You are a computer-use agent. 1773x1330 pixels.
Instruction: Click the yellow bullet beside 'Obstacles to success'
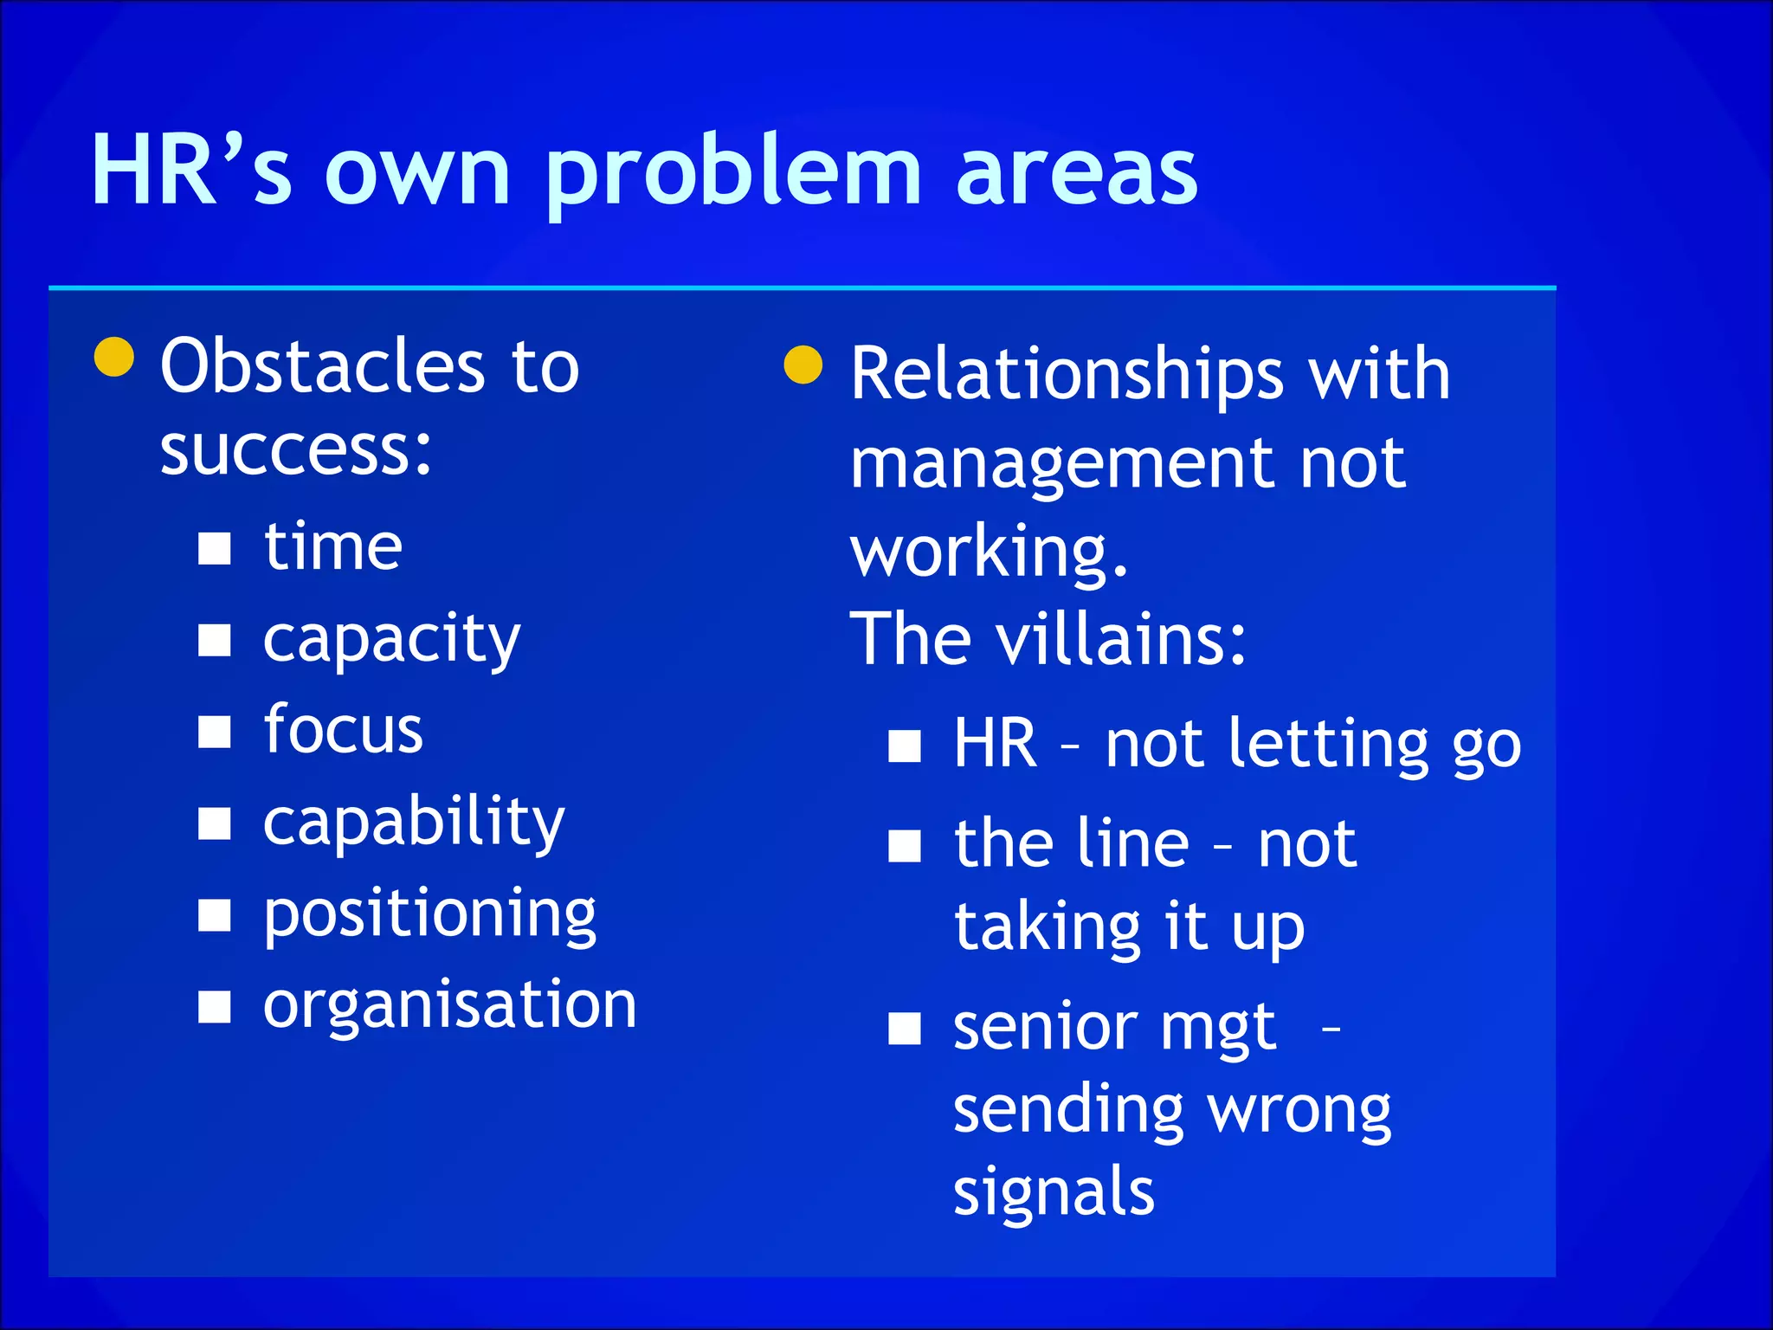114,358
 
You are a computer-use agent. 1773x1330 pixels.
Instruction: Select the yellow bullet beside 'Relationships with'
803,365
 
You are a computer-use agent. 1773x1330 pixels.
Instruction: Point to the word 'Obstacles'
322,366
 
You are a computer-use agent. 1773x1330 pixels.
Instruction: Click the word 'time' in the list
333,547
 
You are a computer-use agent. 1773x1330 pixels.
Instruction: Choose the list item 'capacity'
391,641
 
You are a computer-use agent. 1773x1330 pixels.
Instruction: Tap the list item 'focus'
343,730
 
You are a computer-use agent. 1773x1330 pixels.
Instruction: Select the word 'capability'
414,823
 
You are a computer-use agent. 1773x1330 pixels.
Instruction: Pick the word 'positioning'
429,915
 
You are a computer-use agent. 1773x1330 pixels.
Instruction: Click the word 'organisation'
449,1005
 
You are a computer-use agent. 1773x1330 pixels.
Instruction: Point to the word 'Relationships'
1067,374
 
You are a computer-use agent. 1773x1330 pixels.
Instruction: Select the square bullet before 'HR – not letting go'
905,746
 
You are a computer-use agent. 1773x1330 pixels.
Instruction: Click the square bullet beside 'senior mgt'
905,1030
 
